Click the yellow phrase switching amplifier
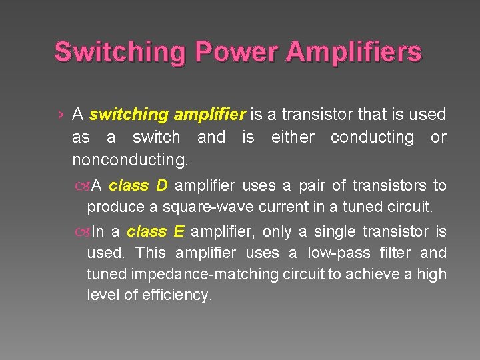pyautogui.click(x=167, y=115)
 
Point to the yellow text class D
pyautogui.click(x=138, y=185)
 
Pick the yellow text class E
pyautogui.click(x=156, y=231)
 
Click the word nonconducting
pyautogui.click(x=129, y=160)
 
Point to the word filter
pyautogui.click(x=395, y=253)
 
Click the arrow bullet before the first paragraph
pyautogui.click(x=61, y=115)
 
